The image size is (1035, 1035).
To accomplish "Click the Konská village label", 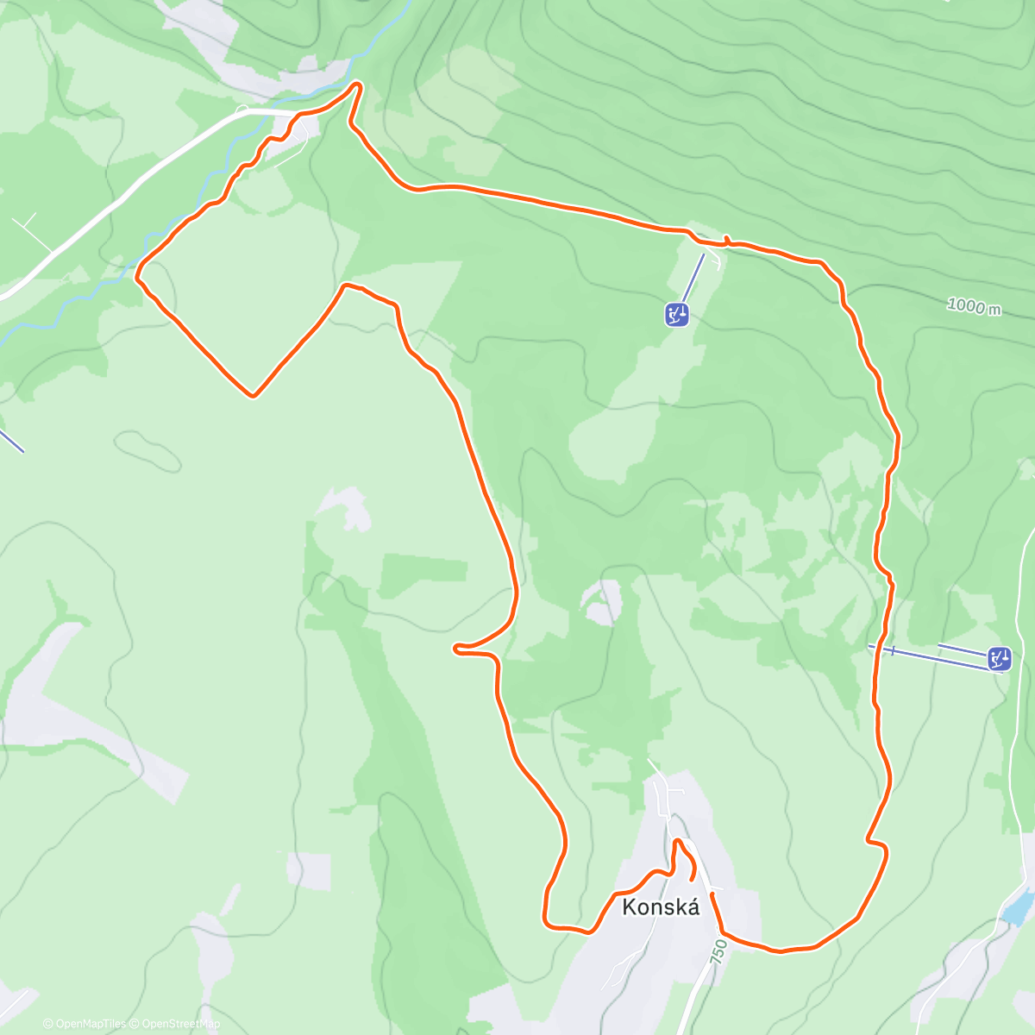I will [661, 906].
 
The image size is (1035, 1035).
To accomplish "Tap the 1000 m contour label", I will [974, 305].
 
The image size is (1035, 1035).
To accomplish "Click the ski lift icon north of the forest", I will [676, 315].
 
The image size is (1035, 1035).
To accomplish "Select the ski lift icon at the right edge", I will [1000, 660].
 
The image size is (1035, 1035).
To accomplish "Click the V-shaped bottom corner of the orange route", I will [253, 396].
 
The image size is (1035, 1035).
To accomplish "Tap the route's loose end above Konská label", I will [693, 877].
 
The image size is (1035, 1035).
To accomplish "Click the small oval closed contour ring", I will [147, 450].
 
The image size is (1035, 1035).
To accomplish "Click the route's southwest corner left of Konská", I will [546, 924].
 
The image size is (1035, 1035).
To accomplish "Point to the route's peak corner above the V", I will [346, 285].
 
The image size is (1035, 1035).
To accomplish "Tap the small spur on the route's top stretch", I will [727, 238].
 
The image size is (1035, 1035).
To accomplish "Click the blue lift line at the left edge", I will [11, 440].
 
